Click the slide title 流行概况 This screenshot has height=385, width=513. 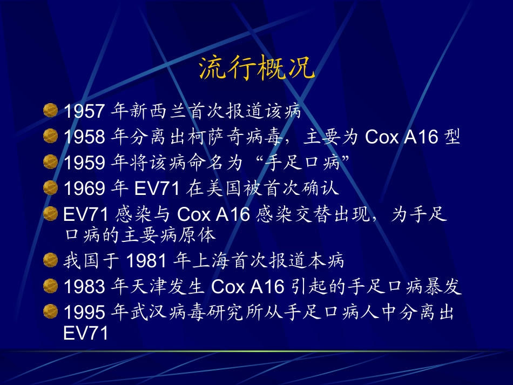pyautogui.click(x=257, y=69)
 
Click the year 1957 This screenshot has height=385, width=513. pyautogui.click(x=84, y=112)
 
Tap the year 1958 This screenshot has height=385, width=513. pyautogui.click(x=84, y=137)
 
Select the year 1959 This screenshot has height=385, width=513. pyautogui.click(x=84, y=163)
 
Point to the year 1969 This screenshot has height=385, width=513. pyautogui.click(x=84, y=188)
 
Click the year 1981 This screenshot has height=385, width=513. pyautogui.click(x=146, y=262)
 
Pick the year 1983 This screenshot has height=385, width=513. pyautogui.click(x=84, y=287)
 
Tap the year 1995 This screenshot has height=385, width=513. pyautogui.click(x=84, y=313)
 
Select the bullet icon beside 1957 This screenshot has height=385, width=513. pyautogui.click(x=50, y=111)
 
